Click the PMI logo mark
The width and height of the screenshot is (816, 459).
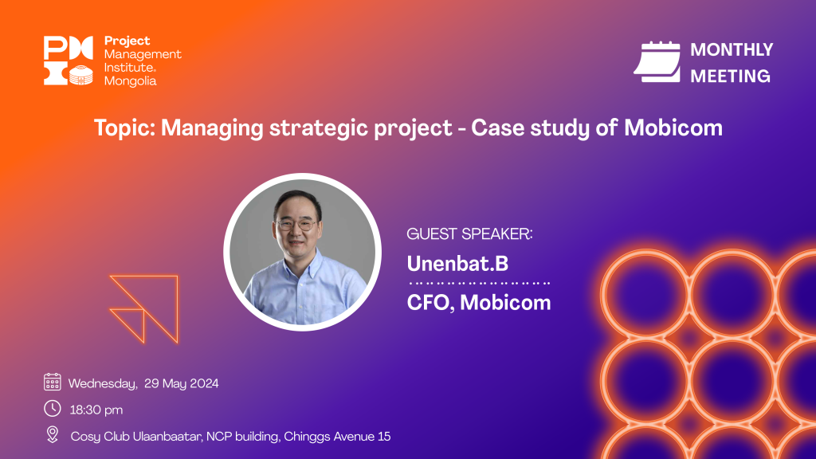(x=69, y=61)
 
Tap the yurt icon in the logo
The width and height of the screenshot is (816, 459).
(x=81, y=76)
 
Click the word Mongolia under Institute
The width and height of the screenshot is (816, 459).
(x=130, y=81)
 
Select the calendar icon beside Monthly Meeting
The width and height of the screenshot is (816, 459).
(x=657, y=61)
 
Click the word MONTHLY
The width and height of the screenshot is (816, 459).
(x=732, y=49)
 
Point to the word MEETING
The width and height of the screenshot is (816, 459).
(x=730, y=76)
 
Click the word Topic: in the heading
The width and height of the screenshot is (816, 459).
(x=124, y=128)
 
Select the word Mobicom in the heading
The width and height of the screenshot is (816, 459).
(x=673, y=127)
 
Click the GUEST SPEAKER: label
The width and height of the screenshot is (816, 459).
(x=469, y=234)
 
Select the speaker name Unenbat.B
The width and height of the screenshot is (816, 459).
(x=457, y=263)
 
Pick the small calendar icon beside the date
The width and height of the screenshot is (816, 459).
(x=52, y=382)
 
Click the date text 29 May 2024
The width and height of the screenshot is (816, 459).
(x=181, y=383)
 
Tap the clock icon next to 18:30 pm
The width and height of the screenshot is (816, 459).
(x=52, y=409)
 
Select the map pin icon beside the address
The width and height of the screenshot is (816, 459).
(x=52, y=434)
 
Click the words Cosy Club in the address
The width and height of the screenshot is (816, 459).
(x=100, y=436)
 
